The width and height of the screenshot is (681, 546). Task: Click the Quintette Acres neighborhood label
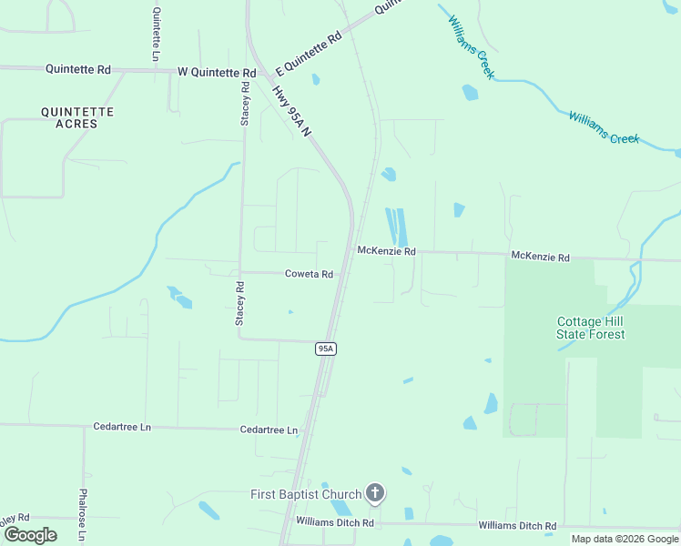pos(77,117)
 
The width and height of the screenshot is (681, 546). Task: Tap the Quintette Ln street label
pos(157,35)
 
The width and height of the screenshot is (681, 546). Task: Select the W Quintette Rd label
pos(217,72)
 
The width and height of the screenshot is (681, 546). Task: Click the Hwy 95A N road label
pos(292,110)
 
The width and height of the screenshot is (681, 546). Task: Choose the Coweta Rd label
pos(309,273)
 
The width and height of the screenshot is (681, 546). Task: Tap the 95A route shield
pos(327,349)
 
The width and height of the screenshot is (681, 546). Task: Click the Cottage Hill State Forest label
pos(591,328)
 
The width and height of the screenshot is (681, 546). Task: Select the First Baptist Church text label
pos(306,494)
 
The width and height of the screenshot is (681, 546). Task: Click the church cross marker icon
pos(374,494)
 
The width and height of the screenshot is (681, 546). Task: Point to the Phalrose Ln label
pos(82,515)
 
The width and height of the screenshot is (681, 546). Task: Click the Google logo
pos(29,535)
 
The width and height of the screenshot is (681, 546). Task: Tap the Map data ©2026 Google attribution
pos(625,539)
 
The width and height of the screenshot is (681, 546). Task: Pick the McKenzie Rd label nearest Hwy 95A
pos(386,250)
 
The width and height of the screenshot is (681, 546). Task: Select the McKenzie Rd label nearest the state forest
pos(540,258)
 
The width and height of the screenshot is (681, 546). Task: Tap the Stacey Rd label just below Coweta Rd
pos(240,303)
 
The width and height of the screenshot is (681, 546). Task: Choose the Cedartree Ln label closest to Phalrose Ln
pos(127,426)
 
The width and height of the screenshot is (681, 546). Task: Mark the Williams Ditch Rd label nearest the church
pos(335,522)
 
